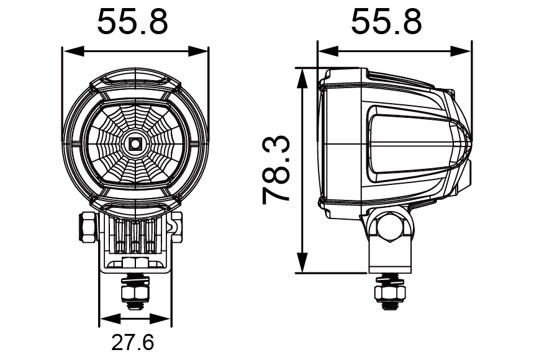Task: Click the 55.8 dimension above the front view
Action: point(133,23)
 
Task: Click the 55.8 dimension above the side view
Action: point(386,23)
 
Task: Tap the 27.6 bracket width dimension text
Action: point(133,342)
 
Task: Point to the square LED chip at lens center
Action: point(135,144)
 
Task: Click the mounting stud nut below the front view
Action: point(135,290)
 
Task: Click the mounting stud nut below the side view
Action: point(389,292)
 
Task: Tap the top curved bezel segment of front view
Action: point(135,79)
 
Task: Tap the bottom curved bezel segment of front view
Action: point(135,210)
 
